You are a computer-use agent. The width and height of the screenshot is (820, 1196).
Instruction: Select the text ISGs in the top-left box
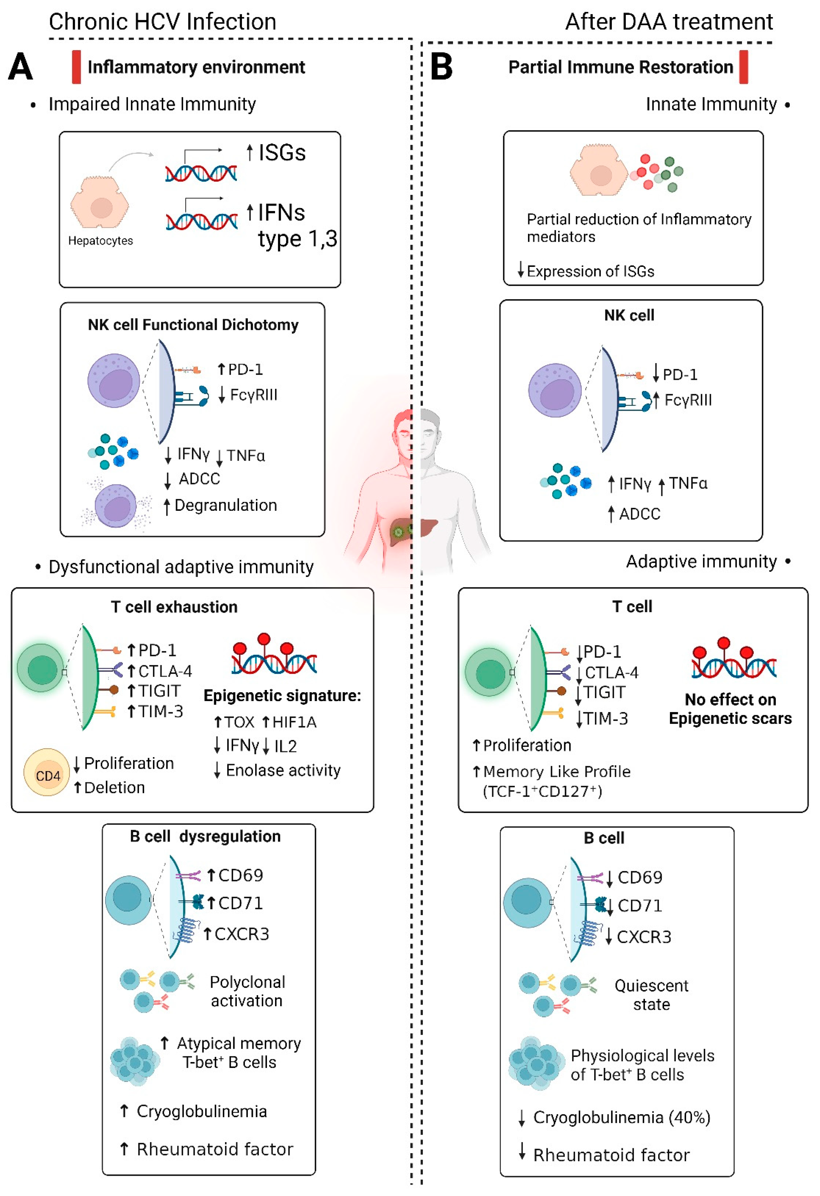coord(282,153)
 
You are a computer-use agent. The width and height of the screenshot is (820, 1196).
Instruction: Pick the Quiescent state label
coord(651,994)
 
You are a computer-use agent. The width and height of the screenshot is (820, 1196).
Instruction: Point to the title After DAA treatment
coord(669,22)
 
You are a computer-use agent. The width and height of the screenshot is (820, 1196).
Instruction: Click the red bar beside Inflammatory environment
coord(76,67)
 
